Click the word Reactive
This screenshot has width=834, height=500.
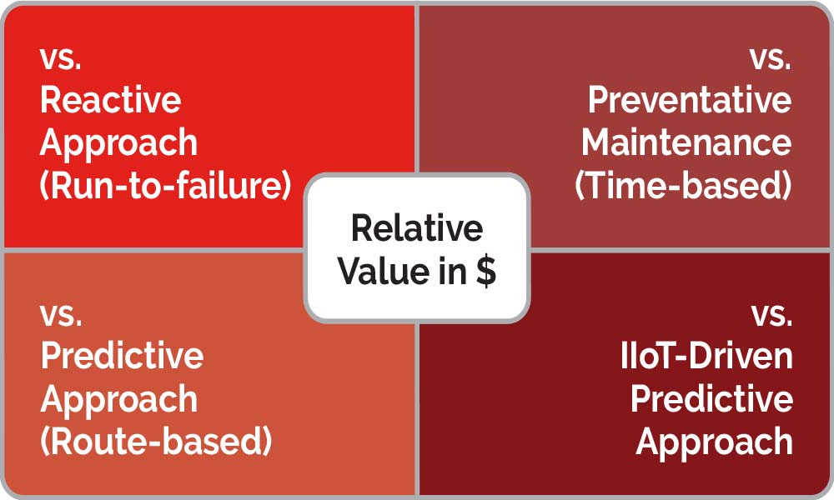coord(111,100)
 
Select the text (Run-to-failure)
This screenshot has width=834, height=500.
coord(165,185)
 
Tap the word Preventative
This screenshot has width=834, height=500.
coord(690,100)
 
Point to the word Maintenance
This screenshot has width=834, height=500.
coord(686,142)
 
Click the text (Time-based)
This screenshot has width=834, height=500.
coord(684,185)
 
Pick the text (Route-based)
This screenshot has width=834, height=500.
coord(156,441)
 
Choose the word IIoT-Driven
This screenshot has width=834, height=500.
coord(707,356)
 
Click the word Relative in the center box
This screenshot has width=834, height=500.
coord(417,228)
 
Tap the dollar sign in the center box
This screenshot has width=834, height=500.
coord(486,271)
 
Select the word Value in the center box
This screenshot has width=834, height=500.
coord(384,271)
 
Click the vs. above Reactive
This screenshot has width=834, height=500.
coord(61,58)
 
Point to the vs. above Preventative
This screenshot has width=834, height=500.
coord(771,58)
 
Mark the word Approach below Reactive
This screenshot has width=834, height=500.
coord(118,144)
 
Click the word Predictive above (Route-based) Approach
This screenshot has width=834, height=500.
coord(122,356)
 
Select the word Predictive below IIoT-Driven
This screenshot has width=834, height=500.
coord(711,398)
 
